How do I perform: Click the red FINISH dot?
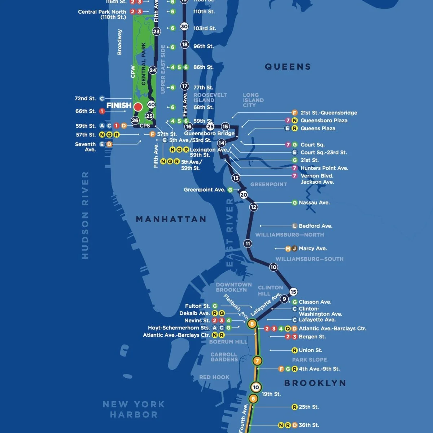click(138, 107)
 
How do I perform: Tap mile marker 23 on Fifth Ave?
click(156, 31)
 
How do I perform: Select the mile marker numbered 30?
click(184, 26)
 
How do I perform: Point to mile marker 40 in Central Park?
click(151, 105)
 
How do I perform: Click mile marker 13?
click(236, 178)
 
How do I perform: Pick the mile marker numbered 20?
click(244, 195)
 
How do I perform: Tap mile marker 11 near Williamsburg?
click(248, 244)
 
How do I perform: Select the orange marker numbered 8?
click(252, 324)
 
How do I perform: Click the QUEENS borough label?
click(288, 67)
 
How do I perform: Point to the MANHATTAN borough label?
click(171, 219)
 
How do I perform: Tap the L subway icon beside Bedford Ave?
click(294, 226)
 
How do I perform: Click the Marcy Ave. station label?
click(312, 249)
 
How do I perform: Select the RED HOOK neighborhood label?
click(214, 377)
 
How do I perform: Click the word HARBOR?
click(134, 415)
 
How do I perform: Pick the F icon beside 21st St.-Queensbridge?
click(294, 113)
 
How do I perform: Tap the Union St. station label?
click(310, 350)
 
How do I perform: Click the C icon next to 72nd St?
click(102, 99)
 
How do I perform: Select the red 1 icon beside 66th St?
click(102, 111)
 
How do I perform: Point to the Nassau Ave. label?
click(314, 203)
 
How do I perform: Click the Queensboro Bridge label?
click(209, 133)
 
